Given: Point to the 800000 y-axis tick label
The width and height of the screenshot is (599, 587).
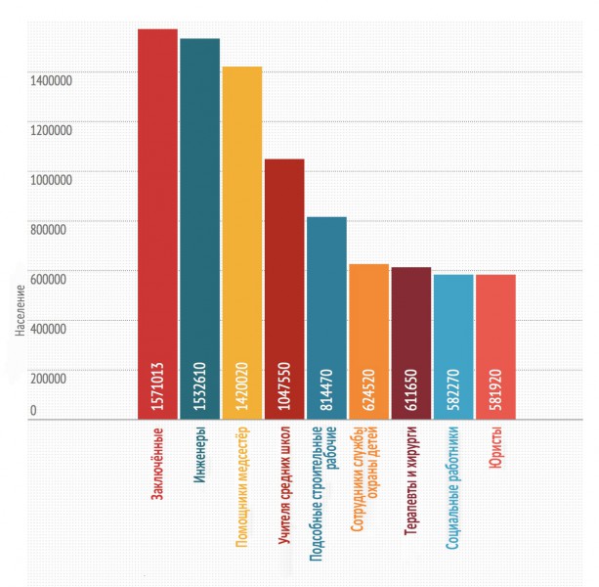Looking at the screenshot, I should (x=46, y=231).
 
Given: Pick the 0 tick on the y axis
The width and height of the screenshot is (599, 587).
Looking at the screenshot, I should (x=32, y=411).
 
